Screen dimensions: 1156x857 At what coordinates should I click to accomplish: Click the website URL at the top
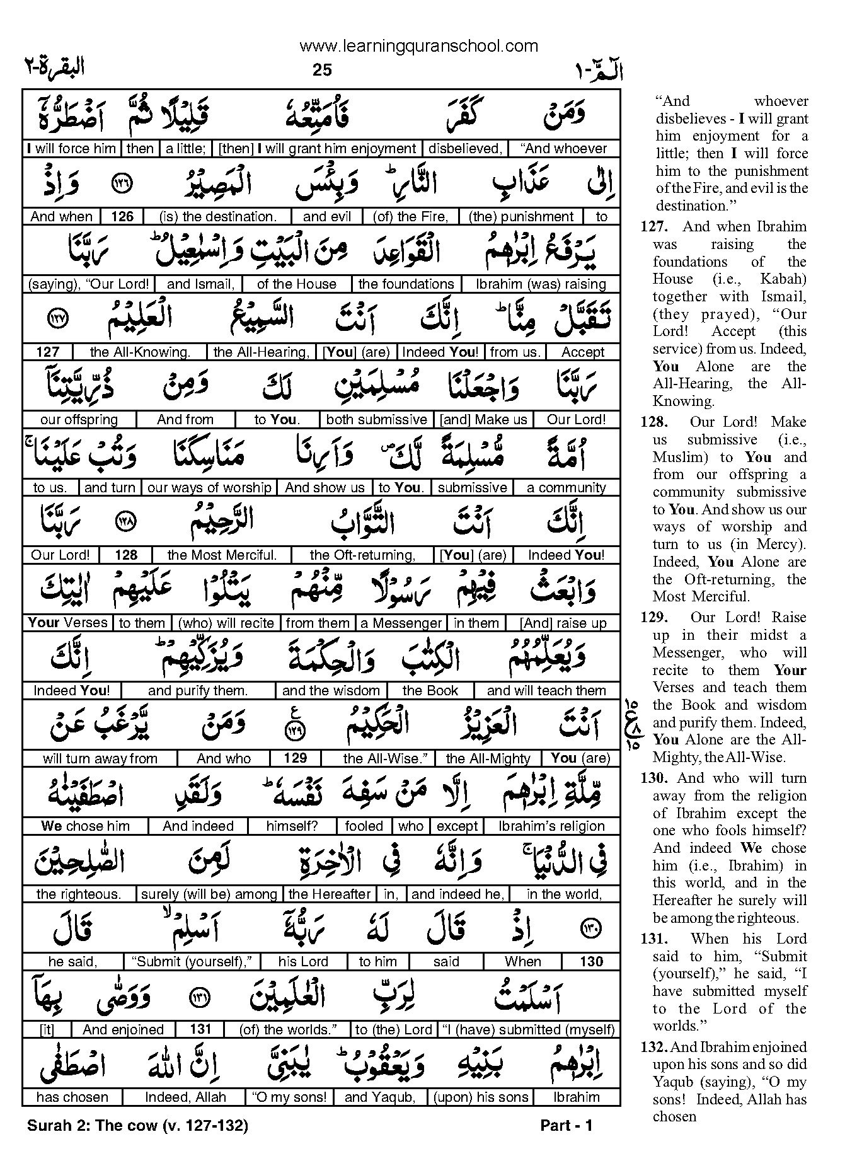[x=418, y=45]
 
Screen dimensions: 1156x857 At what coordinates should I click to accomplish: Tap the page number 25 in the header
[x=321, y=70]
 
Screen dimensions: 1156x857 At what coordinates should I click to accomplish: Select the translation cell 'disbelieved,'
[x=465, y=149]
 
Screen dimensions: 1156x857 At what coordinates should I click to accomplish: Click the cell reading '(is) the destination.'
[x=217, y=217]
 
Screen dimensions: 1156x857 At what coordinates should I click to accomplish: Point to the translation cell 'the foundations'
[x=406, y=284]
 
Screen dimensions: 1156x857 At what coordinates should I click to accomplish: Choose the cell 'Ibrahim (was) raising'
[x=541, y=284]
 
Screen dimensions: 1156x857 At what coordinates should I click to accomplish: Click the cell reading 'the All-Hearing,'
[x=262, y=352]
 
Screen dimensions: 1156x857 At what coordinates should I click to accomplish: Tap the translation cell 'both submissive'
[x=377, y=420]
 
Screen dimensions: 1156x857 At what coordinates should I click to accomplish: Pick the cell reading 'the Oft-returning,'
[x=363, y=555]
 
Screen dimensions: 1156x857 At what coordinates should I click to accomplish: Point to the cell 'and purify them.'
[x=197, y=691]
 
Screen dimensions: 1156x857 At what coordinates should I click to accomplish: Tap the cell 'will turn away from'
[x=100, y=759]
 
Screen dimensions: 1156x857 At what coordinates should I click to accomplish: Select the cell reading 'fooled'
[x=364, y=826]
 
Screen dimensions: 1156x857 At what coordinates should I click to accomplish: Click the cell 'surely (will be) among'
[x=209, y=894]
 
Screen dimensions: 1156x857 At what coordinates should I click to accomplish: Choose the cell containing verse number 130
[x=591, y=962]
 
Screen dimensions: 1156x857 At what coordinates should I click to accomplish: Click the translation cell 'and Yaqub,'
[x=380, y=1097]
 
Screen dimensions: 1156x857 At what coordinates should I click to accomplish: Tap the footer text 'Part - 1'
[x=567, y=1126]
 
